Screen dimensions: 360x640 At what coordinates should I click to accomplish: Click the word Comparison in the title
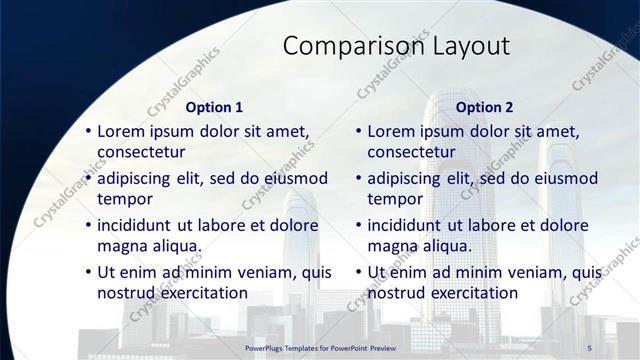tap(341, 46)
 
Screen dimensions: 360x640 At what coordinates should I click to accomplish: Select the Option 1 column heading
tap(214, 107)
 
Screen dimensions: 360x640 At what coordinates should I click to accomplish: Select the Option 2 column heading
tap(484, 107)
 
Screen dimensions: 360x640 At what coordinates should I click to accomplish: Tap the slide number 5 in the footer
tap(590, 346)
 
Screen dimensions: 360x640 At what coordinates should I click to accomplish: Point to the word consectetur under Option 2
tap(411, 152)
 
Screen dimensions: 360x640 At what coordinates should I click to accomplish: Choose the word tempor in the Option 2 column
tap(395, 199)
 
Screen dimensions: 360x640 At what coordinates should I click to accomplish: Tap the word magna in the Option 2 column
tap(393, 246)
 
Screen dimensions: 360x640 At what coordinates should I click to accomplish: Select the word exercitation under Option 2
tap(472, 293)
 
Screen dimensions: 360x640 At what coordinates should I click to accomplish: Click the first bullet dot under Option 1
tap(88, 131)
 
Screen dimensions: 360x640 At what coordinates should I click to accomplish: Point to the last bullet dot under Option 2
tap(358, 272)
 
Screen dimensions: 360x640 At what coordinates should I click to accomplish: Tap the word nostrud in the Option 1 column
tap(128, 293)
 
